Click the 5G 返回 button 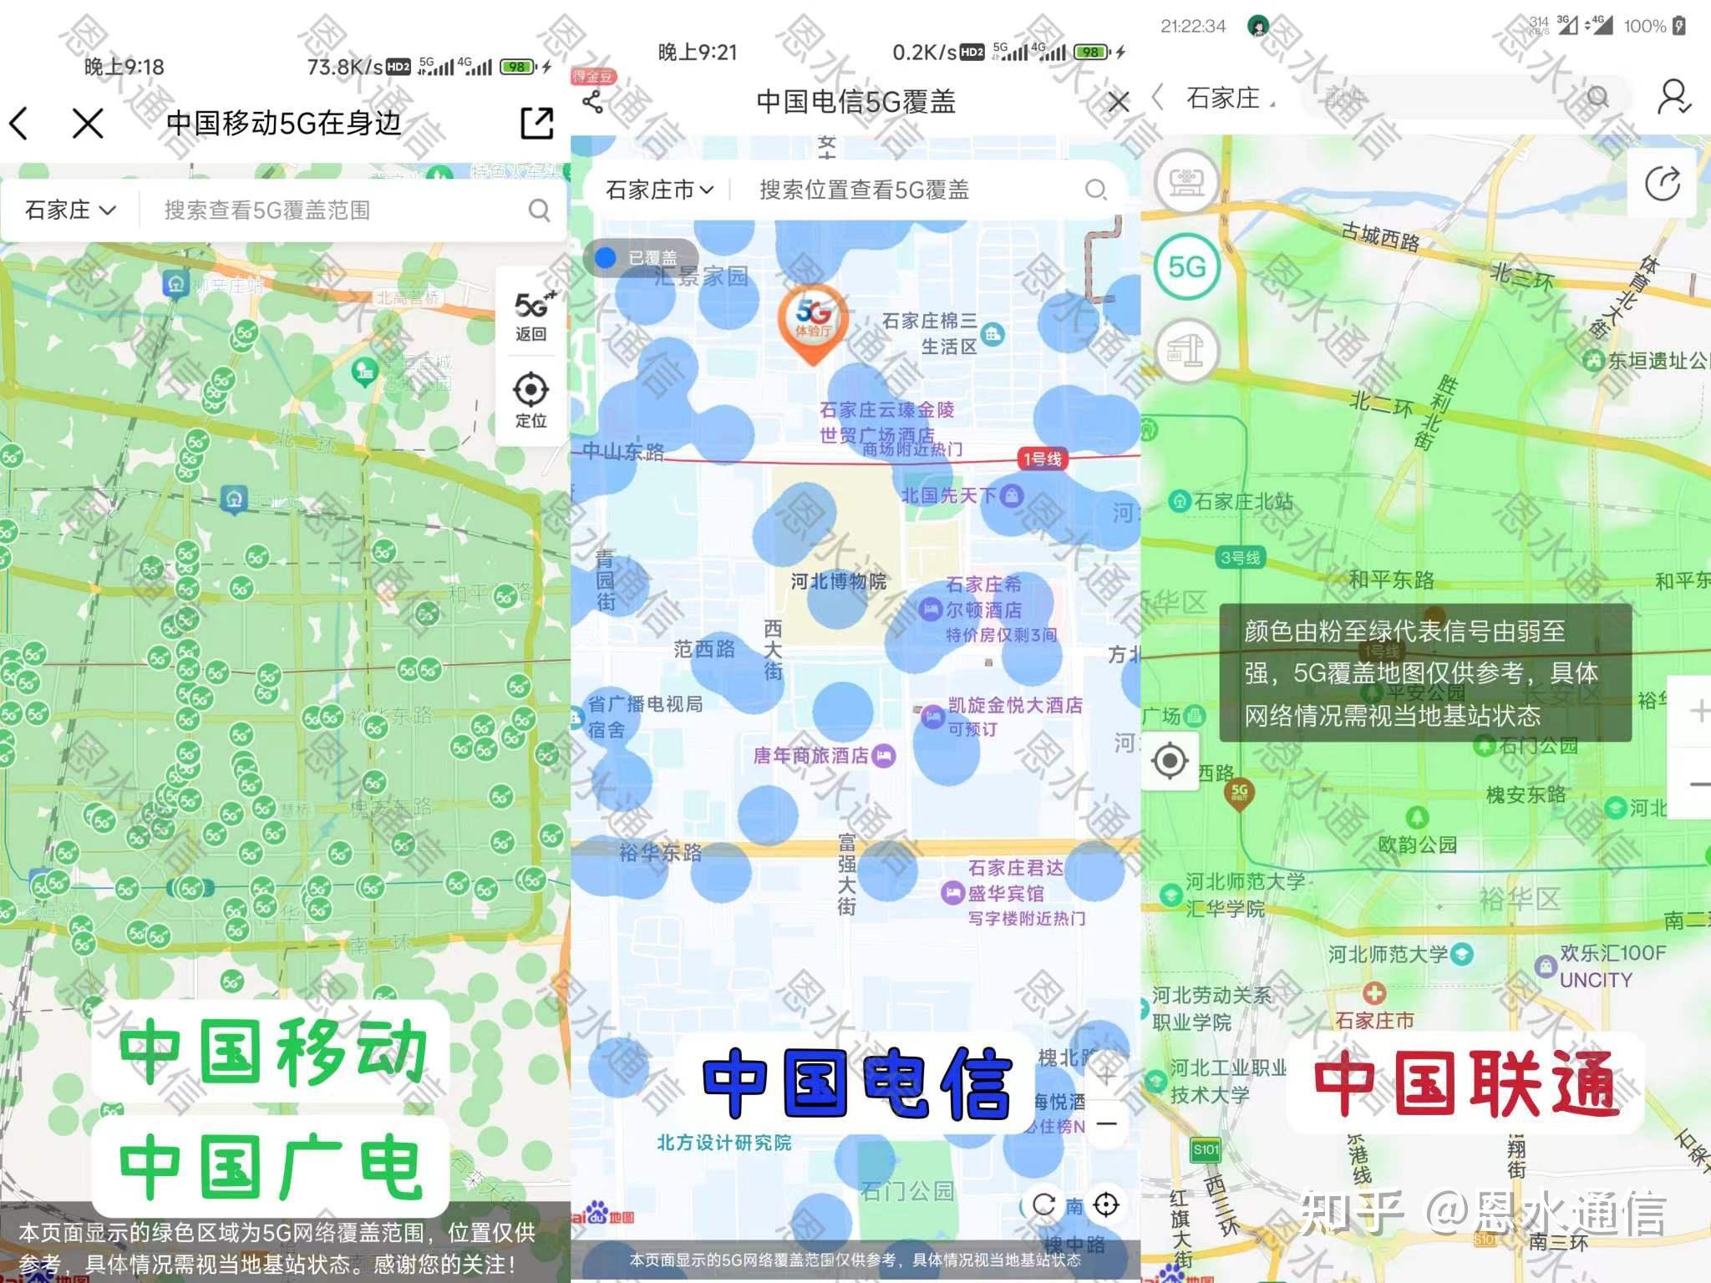pyautogui.click(x=531, y=316)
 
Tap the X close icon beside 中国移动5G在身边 pyautogui.click(x=88, y=124)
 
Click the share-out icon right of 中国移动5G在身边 pyautogui.click(x=536, y=123)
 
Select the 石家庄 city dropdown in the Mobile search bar pyautogui.click(x=70, y=210)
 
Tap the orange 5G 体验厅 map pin pyautogui.click(x=813, y=324)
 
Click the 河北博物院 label pyautogui.click(x=838, y=581)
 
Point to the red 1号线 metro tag pyautogui.click(x=1042, y=459)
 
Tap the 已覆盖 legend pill pyautogui.click(x=640, y=257)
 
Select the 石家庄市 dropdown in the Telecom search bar pyautogui.click(x=659, y=190)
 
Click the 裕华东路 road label pyautogui.click(x=660, y=853)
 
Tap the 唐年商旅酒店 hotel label pyautogui.click(x=810, y=756)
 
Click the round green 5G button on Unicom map pyautogui.click(x=1186, y=267)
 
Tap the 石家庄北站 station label pyautogui.click(x=1243, y=501)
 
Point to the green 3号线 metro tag pyautogui.click(x=1240, y=557)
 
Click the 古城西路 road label pyautogui.click(x=1380, y=236)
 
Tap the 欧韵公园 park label pyautogui.click(x=1417, y=844)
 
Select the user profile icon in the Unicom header pyautogui.click(x=1673, y=97)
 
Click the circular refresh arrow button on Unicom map pyautogui.click(x=1662, y=184)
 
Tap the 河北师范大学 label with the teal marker pyautogui.click(x=1388, y=954)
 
